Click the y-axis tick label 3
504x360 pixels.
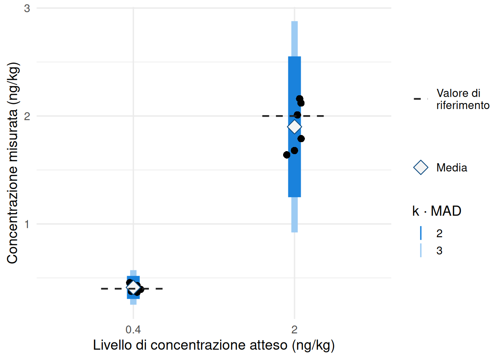click(27, 8)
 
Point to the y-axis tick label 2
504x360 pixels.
click(27, 116)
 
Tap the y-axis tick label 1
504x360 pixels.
click(27, 224)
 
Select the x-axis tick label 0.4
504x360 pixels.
click(133, 330)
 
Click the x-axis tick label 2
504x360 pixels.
click(294, 330)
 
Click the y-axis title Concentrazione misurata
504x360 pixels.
click(12, 163)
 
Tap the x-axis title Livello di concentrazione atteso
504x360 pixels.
click(214, 345)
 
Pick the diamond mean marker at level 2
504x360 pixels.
click(294, 127)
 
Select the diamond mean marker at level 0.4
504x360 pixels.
click(133, 288)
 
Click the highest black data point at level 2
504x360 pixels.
click(300, 99)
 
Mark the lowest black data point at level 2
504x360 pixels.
click(287, 155)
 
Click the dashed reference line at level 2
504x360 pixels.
click(274, 116)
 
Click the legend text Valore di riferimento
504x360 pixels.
click(463, 99)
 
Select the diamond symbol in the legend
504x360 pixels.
click(421, 168)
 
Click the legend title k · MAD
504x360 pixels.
click(436, 211)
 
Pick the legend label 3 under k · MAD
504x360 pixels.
click(439, 250)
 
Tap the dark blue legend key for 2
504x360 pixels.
click(421, 233)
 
